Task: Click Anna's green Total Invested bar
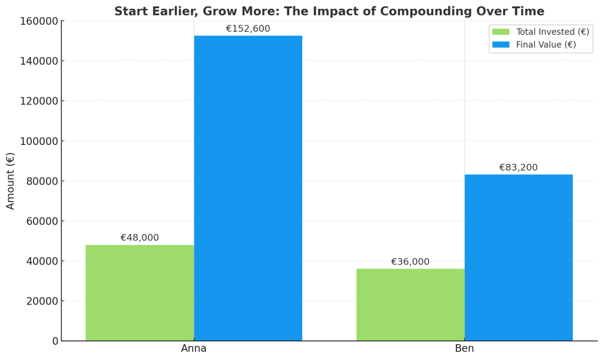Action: coord(140,293)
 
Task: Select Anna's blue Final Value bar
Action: coord(248,189)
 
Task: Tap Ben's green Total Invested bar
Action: coord(410,305)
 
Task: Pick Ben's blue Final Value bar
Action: coord(518,257)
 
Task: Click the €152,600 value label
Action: coord(248,29)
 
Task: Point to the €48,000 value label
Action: coord(140,238)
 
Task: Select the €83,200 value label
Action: coord(518,168)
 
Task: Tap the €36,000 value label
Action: coord(410,262)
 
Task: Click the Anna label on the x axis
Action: coord(194,348)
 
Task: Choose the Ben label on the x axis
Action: coord(464,348)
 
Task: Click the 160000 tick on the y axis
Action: coord(39,21)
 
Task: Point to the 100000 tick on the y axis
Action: coord(39,141)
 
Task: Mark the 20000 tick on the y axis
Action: coord(42,301)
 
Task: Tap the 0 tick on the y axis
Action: coord(55,341)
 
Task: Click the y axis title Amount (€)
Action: coord(11,181)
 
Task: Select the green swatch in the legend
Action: coord(501,32)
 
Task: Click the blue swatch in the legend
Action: coord(501,44)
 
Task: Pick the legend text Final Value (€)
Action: coord(546,44)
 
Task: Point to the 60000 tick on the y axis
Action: coord(42,221)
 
